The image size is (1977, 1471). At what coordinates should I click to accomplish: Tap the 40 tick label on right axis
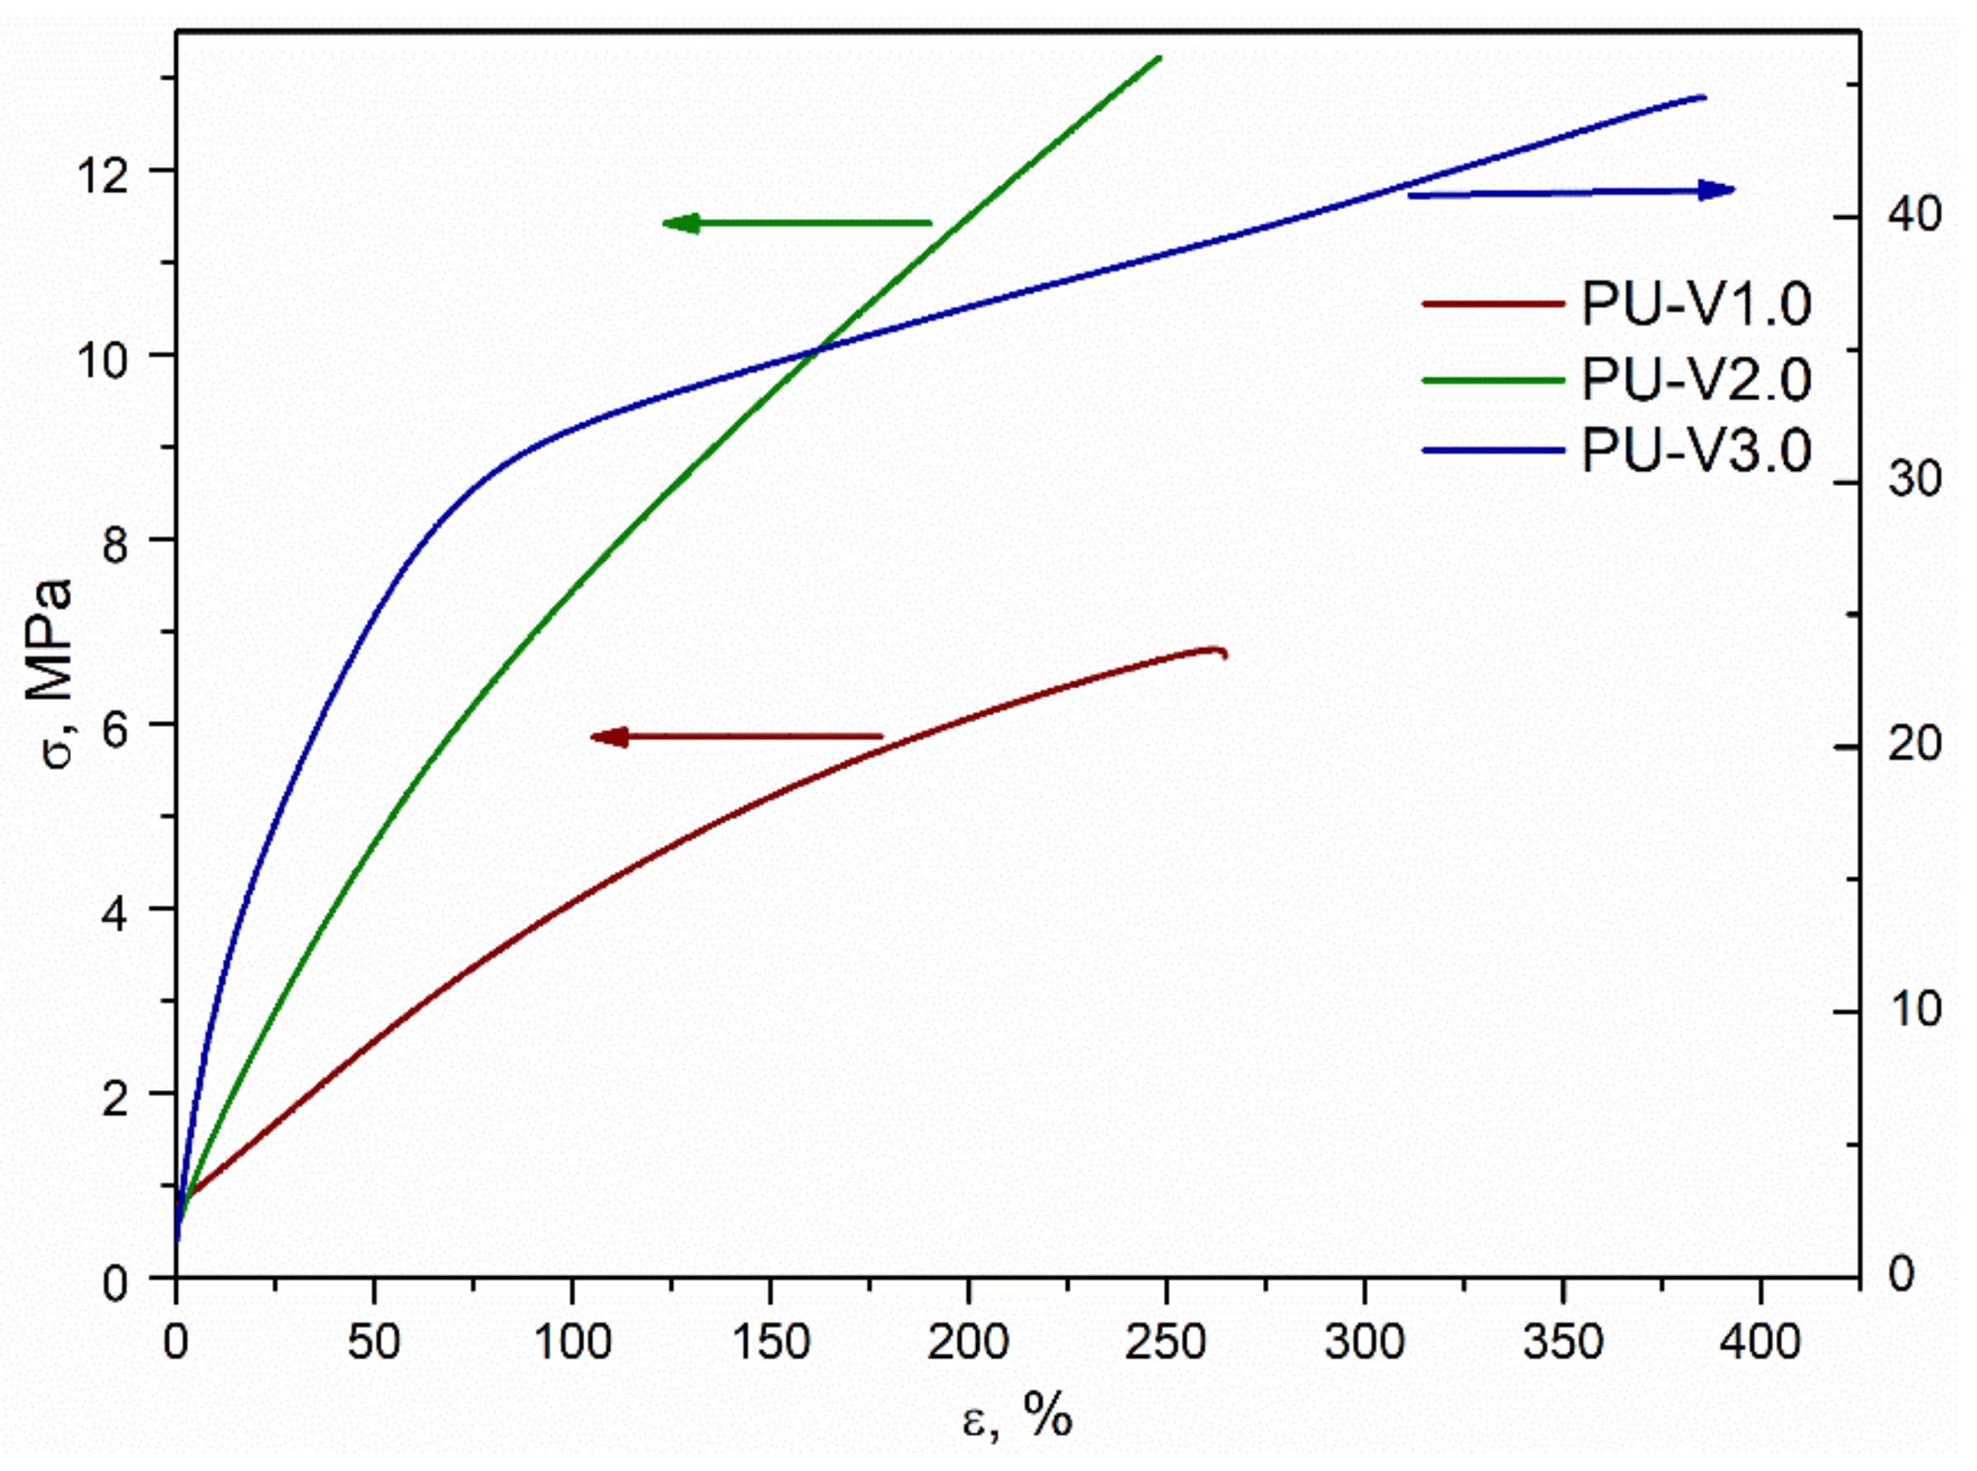point(1915,216)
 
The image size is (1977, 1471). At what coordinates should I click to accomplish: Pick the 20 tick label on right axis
point(1915,745)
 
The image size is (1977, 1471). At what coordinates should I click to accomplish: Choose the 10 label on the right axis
point(1915,1009)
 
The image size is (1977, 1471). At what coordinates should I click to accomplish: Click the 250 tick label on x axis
point(1165,1343)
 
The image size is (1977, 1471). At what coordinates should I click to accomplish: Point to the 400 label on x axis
point(1760,1343)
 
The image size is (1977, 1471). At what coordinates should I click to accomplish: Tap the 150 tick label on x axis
point(769,1343)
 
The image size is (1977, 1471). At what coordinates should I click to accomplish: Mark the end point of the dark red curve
point(1226,655)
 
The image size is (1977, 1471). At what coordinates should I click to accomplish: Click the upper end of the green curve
point(1160,58)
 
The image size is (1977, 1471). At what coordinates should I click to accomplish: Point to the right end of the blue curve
point(1703,97)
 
